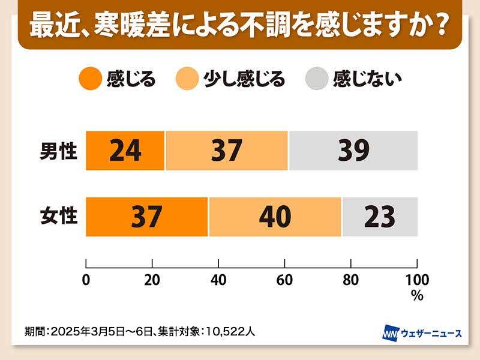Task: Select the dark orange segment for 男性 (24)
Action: pyautogui.click(x=125, y=151)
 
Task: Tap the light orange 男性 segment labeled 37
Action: pyautogui.click(x=227, y=151)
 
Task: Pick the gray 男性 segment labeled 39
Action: pyautogui.click(x=353, y=151)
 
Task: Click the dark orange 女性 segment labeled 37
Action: pyautogui.click(x=146, y=217)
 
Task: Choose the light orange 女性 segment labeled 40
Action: pyautogui.click(x=275, y=217)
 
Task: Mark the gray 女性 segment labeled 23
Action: pyautogui.click(x=379, y=217)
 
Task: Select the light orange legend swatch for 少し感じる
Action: pyautogui.click(x=188, y=79)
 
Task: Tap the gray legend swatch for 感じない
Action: pyautogui.click(x=317, y=79)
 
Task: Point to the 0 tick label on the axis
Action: pyautogui.click(x=86, y=280)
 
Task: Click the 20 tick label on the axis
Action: pyautogui.click(x=152, y=280)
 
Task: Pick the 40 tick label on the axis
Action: pyautogui.click(x=218, y=280)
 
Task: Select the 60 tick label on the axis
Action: pyautogui.click(x=284, y=280)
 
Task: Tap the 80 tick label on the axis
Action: pyautogui.click(x=350, y=280)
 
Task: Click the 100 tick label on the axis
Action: pyautogui.click(x=417, y=280)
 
